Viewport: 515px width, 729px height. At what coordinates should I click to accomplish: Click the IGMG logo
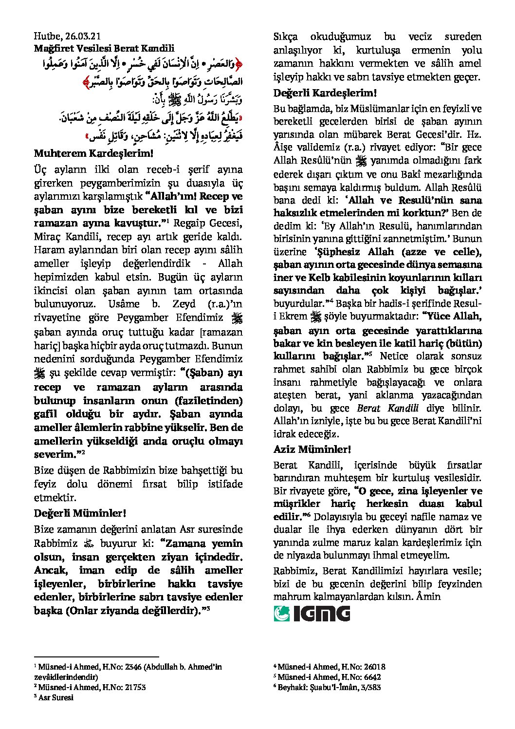coord(312,613)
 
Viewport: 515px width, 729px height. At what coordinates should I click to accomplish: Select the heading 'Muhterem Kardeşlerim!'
coord(93,153)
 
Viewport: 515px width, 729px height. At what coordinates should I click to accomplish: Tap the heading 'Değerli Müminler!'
coord(80,513)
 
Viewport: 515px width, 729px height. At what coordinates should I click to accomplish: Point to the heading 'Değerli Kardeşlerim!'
coord(325,93)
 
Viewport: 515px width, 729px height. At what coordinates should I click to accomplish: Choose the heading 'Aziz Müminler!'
coord(312,449)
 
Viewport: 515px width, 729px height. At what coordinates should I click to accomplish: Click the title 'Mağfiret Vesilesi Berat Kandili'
coord(104,48)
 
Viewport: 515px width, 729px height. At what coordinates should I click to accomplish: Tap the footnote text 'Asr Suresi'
coord(57,697)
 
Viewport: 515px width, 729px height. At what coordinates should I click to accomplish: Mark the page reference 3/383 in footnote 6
coord(369,687)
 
